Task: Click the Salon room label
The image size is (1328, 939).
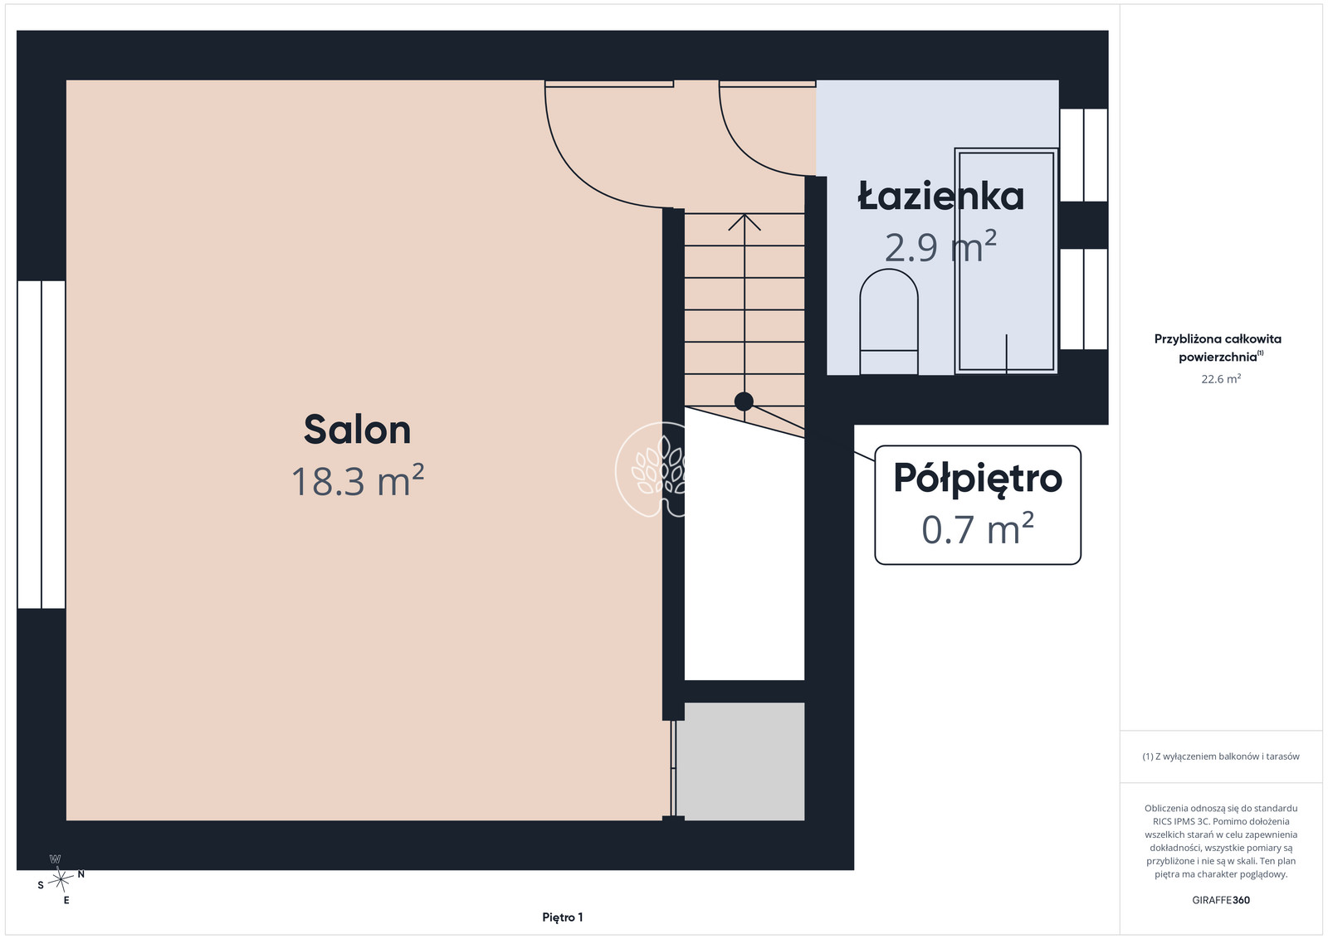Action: click(x=357, y=430)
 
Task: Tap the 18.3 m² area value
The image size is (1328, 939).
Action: click(x=358, y=480)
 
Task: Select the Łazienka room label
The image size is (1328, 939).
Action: click(x=941, y=196)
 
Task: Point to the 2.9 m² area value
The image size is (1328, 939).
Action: click(x=941, y=247)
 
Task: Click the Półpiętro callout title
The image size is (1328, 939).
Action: click(x=978, y=479)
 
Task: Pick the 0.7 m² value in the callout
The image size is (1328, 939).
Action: click(x=978, y=529)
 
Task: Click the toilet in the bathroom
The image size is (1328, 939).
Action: click(x=889, y=322)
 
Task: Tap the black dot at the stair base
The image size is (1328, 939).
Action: click(x=744, y=401)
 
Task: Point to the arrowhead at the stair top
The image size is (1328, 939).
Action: click(x=744, y=221)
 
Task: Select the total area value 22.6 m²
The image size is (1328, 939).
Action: click(x=1221, y=379)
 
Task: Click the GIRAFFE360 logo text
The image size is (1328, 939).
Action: click(x=1221, y=900)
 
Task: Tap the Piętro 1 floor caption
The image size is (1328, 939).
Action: click(x=562, y=917)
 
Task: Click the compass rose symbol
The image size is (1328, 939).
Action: click(x=60, y=880)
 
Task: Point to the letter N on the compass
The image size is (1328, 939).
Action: click(x=81, y=873)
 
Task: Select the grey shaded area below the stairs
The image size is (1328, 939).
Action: click(x=740, y=761)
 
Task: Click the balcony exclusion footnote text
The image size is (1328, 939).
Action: click(x=1221, y=757)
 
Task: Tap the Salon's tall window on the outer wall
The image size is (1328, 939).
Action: click(x=41, y=445)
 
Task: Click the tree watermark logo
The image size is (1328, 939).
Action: click(x=651, y=469)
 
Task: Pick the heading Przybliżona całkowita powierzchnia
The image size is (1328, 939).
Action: click(x=1217, y=348)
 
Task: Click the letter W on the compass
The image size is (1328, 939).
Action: click(x=55, y=859)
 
